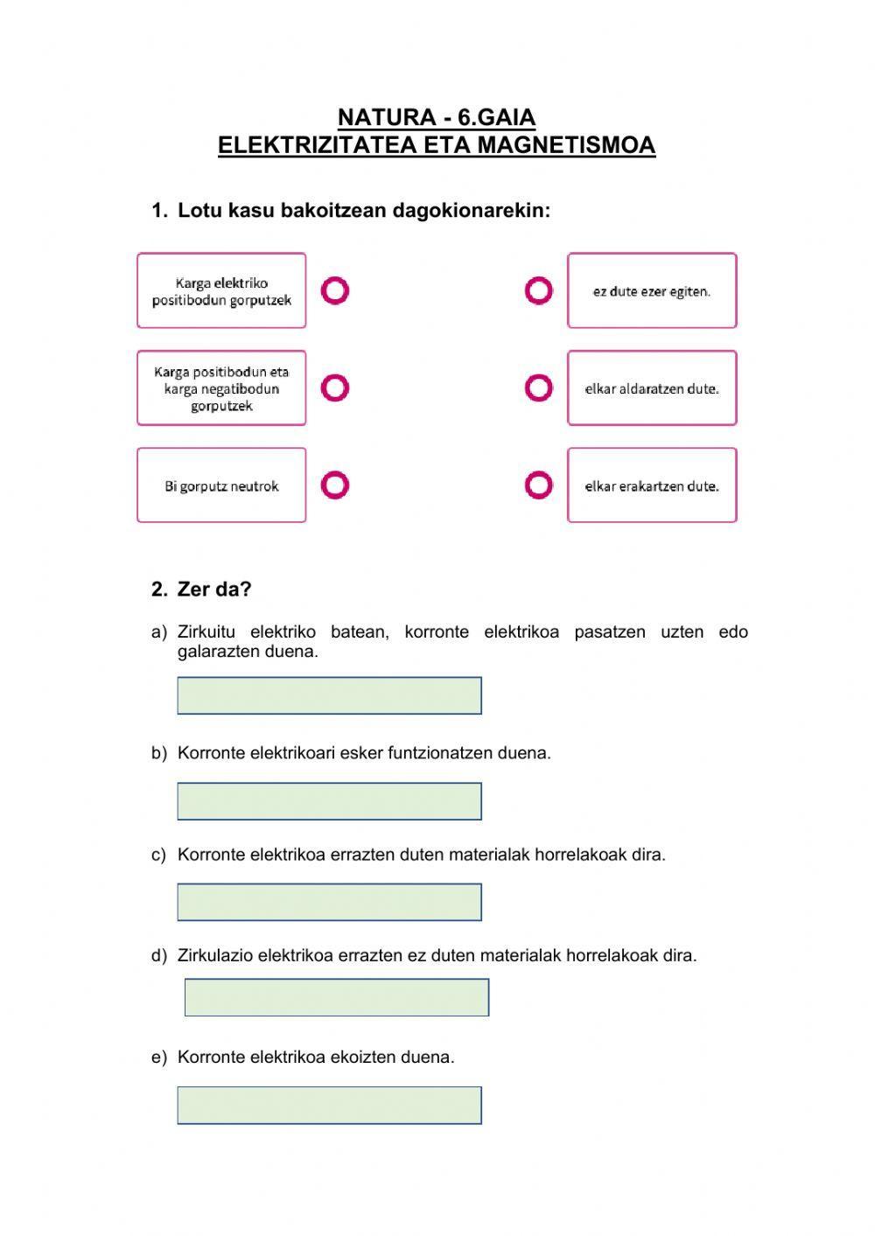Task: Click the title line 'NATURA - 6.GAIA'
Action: click(x=436, y=117)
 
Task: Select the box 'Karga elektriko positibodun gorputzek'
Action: click(x=221, y=291)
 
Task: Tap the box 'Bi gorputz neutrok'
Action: click(x=221, y=485)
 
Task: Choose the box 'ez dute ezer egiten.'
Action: click(x=652, y=291)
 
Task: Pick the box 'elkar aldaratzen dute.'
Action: click(x=652, y=388)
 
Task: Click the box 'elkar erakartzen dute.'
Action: click(x=652, y=485)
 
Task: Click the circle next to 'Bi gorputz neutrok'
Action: click(x=335, y=485)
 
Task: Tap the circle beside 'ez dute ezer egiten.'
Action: click(x=539, y=290)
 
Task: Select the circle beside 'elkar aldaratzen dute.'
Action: click(x=539, y=388)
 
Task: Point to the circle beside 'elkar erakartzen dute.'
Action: click(x=539, y=485)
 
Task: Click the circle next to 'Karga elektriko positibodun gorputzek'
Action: click(x=335, y=290)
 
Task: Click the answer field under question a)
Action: click(x=329, y=695)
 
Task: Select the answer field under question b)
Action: click(x=329, y=801)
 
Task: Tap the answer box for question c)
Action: click(x=329, y=902)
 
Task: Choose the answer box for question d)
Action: click(x=337, y=997)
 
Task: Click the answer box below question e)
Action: click(x=329, y=1105)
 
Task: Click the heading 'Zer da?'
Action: click(x=214, y=590)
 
